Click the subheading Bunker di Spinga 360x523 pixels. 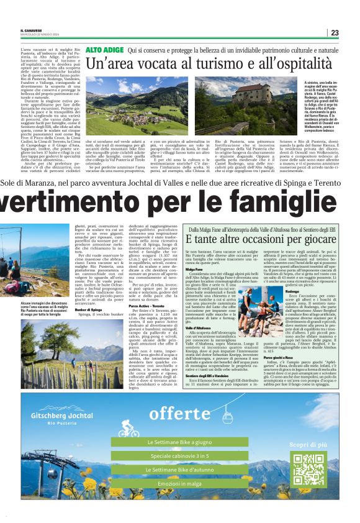pos(88,309)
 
